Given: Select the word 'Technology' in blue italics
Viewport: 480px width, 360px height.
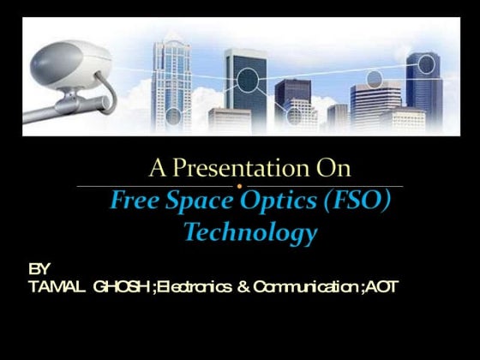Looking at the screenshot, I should [x=249, y=232].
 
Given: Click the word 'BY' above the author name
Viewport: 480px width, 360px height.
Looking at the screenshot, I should [x=39, y=268].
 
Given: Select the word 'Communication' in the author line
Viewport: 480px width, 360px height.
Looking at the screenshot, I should [x=304, y=285].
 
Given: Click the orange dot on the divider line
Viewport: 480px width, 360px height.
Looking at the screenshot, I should [x=240, y=186].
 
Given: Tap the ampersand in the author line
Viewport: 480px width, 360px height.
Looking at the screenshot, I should [x=242, y=285].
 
